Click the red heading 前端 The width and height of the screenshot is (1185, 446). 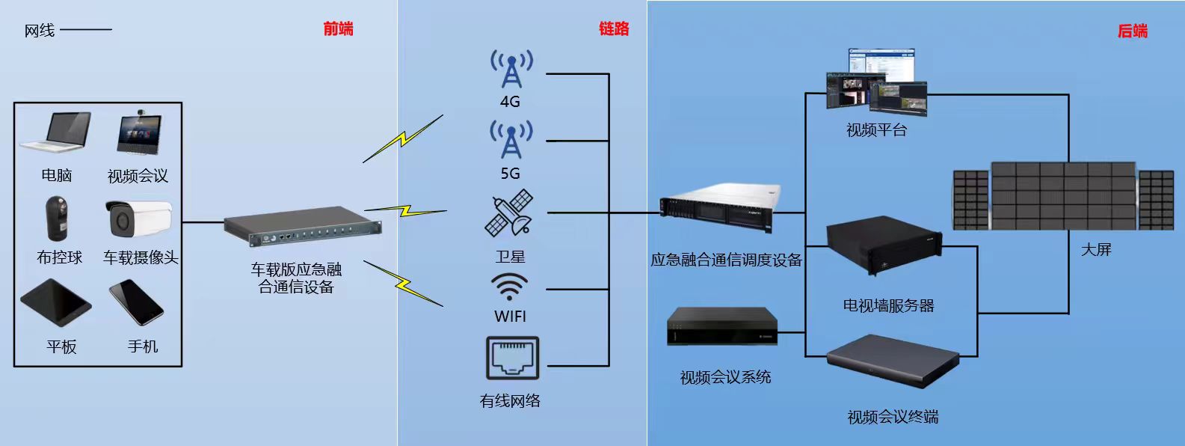pos(338,29)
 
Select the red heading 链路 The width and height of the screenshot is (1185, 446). pos(614,29)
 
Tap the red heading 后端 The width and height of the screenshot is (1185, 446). pos(1132,31)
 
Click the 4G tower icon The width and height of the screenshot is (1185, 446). pos(511,69)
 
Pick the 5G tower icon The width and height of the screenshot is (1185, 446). pos(511,139)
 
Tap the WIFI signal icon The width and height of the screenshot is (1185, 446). pos(510,287)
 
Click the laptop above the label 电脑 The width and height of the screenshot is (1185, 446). pos(58,133)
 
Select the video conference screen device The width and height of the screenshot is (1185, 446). pos(139,133)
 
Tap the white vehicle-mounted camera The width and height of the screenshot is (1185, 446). pos(139,216)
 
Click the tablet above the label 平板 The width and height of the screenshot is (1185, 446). pos(55,302)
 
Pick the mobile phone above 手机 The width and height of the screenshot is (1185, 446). pos(136,302)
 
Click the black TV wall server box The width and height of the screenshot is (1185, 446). pos(883,248)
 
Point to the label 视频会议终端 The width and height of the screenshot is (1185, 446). pos(893,417)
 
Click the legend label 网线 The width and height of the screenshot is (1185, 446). pos(40,31)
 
